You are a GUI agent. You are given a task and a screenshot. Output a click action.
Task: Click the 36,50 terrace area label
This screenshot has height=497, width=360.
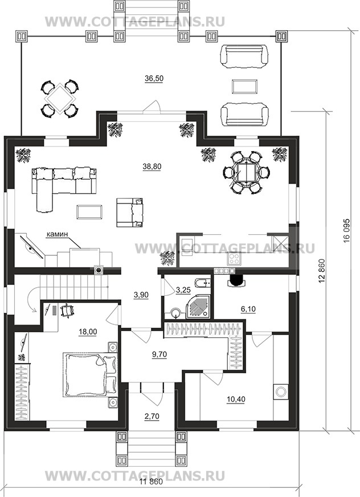[x=154, y=78]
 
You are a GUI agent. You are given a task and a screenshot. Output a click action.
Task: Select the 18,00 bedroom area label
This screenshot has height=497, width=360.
[x=88, y=332]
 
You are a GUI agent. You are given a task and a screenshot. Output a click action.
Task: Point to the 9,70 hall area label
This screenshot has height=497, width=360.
[x=158, y=354]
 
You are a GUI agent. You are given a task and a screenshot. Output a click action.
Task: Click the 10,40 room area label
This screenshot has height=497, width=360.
[x=236, y=399]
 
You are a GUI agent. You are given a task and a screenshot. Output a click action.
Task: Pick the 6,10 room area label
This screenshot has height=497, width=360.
[x=248, y=309]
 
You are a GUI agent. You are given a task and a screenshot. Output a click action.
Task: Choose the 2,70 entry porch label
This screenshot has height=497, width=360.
[x=152, y=417]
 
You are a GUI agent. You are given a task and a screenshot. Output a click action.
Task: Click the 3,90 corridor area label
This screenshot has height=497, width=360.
[x=141, y=295]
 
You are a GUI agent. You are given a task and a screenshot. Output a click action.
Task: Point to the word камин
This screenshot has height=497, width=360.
[x=58, y=235]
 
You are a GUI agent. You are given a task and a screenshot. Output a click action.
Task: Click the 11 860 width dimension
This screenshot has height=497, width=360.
[x=151, y=491]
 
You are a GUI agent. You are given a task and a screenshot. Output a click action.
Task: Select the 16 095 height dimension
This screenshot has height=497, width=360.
[x=346, y=229]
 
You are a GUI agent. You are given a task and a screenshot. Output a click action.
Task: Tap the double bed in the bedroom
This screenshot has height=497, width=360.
[x=89, y=375]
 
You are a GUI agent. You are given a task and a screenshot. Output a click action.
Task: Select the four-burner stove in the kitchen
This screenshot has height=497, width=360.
[x=235, y=258]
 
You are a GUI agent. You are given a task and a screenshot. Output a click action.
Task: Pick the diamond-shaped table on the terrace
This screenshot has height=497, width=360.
[x=59, y=98]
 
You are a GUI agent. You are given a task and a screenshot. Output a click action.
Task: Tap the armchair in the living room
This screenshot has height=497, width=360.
[x=130, y=213]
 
